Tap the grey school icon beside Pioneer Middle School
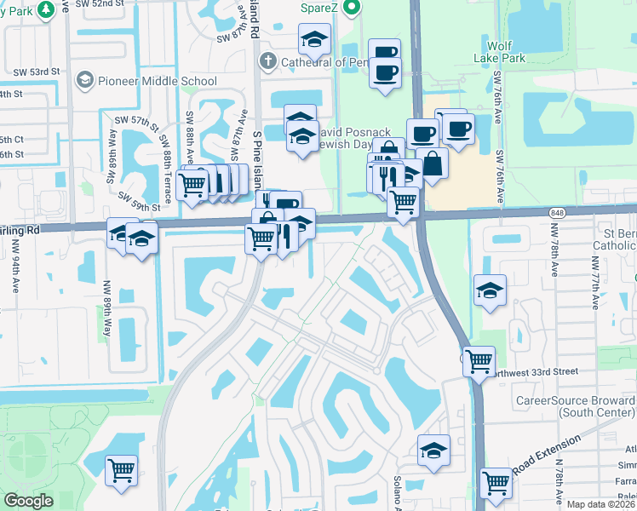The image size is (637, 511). click(x=84, y=80)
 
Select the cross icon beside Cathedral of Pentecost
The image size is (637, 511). click(x=267, y=61)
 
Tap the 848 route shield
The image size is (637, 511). click(x=558, y=213)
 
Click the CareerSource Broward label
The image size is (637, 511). click(x=575, y=406)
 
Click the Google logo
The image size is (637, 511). click(x=28, y=501)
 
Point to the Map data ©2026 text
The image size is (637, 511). click(x=601, y=504)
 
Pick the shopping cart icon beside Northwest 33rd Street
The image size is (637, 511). click(x=479, y=360)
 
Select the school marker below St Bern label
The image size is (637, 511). click(x=491, y=290)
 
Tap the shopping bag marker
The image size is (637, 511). click(x=433, y=164)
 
